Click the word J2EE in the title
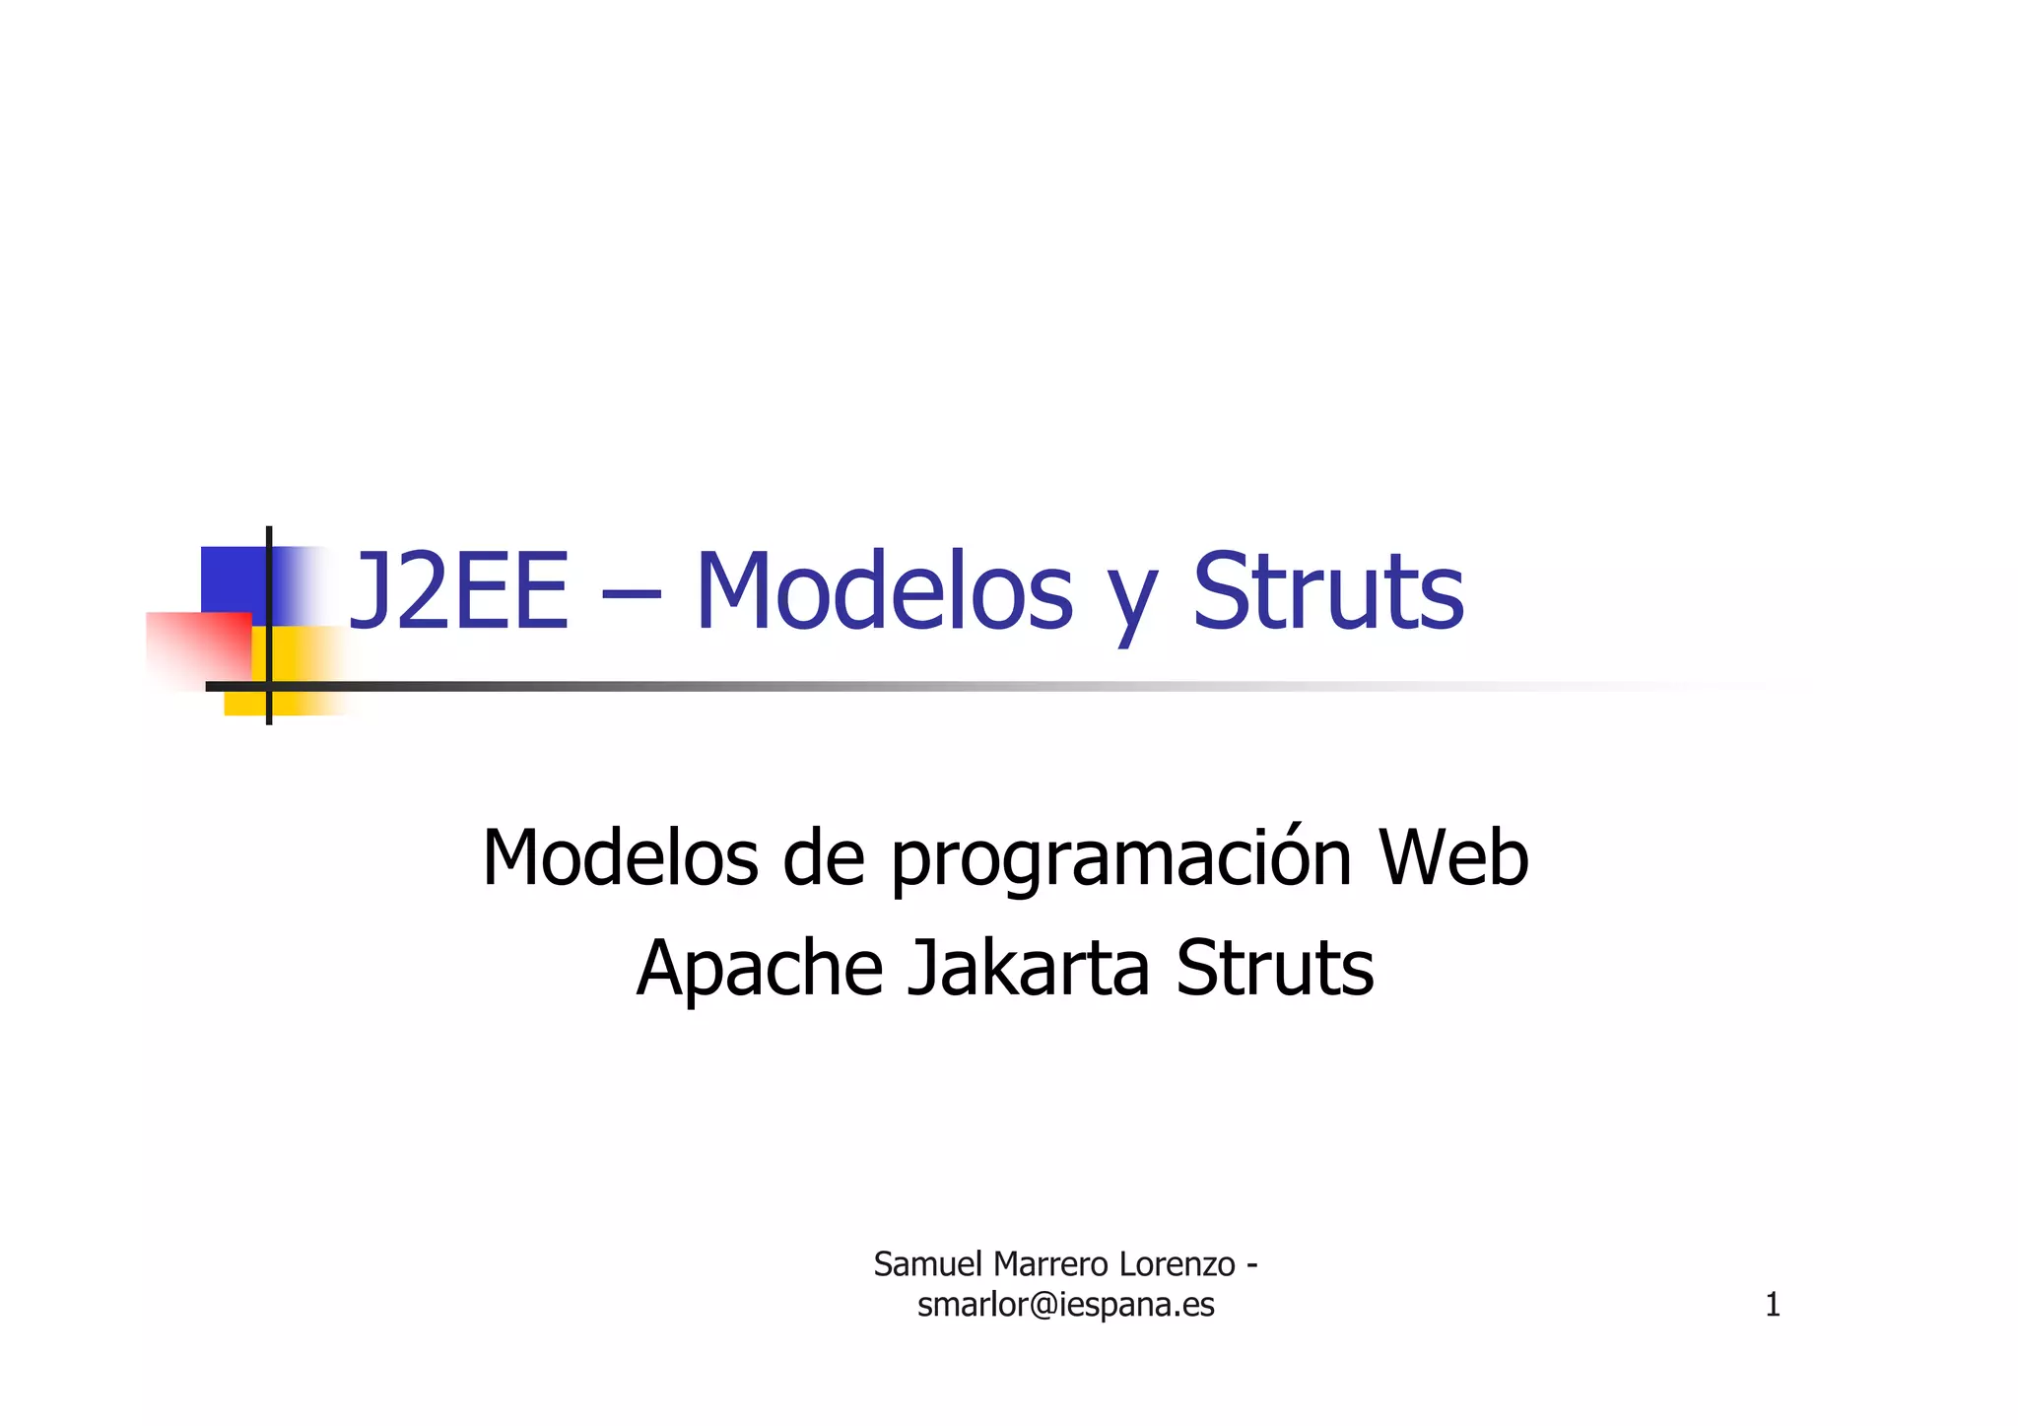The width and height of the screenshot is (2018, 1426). (x=459, y=591)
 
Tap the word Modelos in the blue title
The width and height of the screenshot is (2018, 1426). (x=884, y=591)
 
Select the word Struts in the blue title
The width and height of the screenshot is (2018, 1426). (x=1328, y=591)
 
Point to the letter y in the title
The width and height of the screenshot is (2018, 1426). (x=1132, y=601)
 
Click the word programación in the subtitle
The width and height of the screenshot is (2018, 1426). (x=1121, y=859)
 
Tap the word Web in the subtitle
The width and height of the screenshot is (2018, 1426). (x=1453, y=857)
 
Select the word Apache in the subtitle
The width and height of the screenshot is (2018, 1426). (x=760, y=969)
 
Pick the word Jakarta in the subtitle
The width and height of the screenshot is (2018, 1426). (x=1028, y=969)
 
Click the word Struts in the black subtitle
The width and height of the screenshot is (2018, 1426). (x=1275, y=969)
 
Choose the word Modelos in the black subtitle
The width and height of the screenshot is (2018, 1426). (x=620, y=857)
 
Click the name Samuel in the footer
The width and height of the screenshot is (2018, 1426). (x=928, y=1263)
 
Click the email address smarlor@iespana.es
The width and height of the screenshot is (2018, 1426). (x=1065, y=1305)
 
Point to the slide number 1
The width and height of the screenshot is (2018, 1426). (x=1772, y=1305)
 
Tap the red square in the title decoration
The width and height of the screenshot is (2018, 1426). (x=197, y=645)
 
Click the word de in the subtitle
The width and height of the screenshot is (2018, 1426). (x=824, y=857)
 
